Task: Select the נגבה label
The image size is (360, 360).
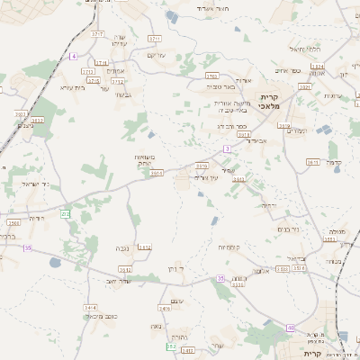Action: [121, 247]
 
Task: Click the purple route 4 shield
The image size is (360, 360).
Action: [74, 56]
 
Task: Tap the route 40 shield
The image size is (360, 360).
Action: [290, 327]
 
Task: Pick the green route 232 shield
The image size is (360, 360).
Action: [65, 213]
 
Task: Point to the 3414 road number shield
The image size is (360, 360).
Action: [90, 307]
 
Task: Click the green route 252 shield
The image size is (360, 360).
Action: [171, 346]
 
